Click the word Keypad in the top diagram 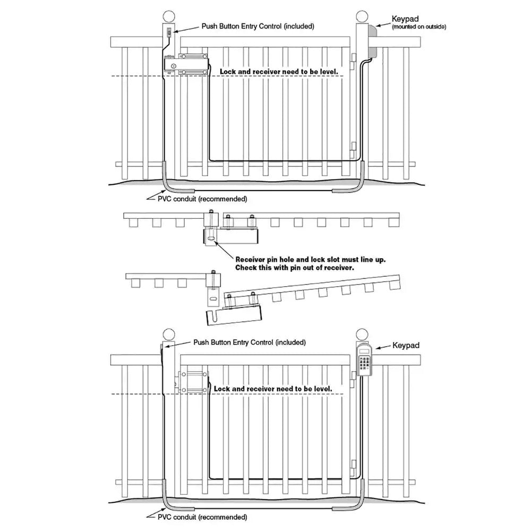406,19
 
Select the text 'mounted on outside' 419,27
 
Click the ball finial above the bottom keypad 362,335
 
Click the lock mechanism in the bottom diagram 192,383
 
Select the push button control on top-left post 169,33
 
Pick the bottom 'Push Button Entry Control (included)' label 250,343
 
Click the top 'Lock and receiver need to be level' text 279,71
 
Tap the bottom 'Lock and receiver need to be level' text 273,389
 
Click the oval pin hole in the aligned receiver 211,240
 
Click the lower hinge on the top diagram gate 354,147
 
